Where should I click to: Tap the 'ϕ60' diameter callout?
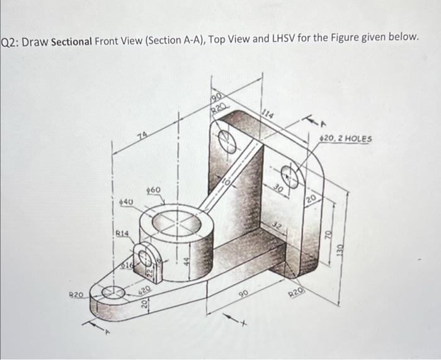[153, 189]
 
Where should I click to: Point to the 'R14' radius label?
[122, 233]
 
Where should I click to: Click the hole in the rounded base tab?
[115, 292]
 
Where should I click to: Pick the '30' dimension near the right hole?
[278, 188]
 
